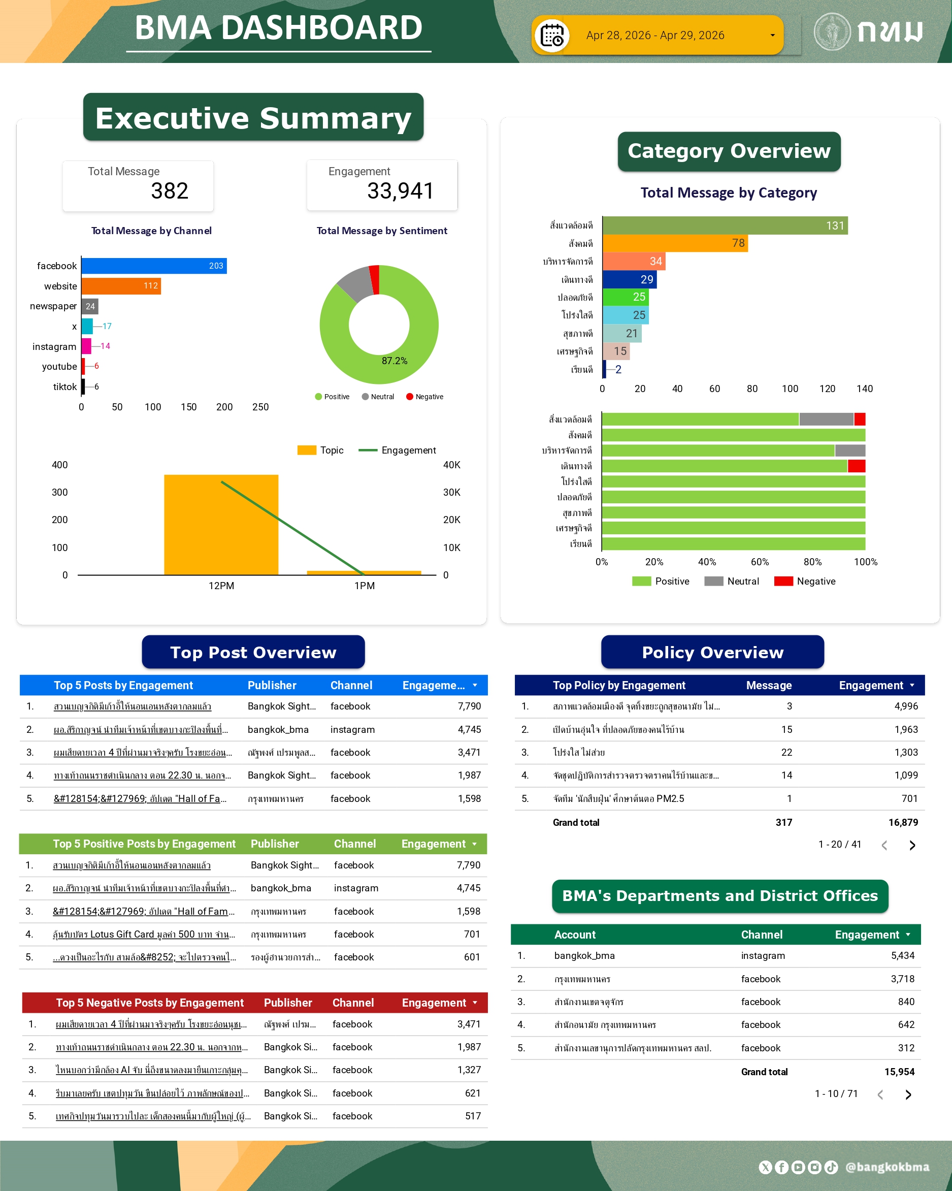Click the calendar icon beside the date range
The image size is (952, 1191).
tap(551, 36)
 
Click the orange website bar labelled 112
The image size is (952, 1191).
tap(121, 286)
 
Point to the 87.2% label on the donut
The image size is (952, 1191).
tap(395, 361)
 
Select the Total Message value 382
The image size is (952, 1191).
tap(170, 191)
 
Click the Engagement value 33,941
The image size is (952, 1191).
tap(401, 191)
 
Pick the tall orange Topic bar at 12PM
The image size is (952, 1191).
tap(221, 524)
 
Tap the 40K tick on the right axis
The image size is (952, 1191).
tap(451, 465)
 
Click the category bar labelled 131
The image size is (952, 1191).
tap(725, 226)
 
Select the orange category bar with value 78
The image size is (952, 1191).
tap(675, 243)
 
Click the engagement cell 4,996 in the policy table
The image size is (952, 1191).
tap(906, 706)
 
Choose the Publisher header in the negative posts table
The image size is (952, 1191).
tap(288, 1003)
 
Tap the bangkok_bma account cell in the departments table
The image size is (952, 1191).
tap(584, 956)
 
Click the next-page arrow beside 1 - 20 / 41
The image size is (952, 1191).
tap(912, 845)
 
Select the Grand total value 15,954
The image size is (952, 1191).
tap(899, 1072)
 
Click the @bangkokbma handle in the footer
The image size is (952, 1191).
tap(887, 1167)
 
